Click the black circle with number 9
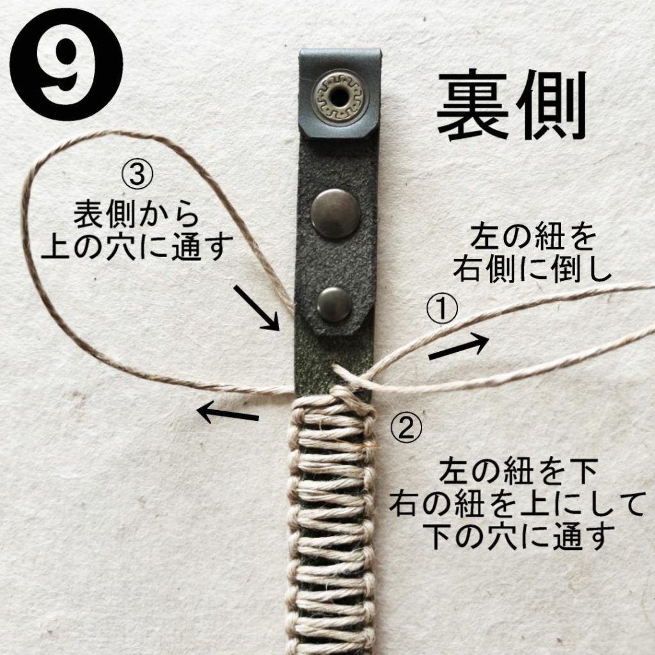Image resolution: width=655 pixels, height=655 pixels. click(x=66, y=65)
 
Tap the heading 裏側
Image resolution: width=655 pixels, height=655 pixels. click(x=512, y=106)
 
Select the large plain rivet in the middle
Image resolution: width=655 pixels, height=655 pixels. click(x=335, y=214)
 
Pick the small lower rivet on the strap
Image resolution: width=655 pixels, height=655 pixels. click(x=334, y=304)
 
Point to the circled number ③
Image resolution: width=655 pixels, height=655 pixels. click(x=138, y=176)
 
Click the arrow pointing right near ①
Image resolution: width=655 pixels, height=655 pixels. click(x=459, y=347)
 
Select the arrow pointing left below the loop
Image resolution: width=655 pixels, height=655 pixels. click(x=227, y=413)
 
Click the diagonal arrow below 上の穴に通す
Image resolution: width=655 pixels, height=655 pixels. click(x=256, y=308)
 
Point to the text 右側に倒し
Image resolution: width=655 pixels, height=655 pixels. click(x=532, y=270)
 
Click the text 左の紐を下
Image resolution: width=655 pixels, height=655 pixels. click(x=518, y=473)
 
